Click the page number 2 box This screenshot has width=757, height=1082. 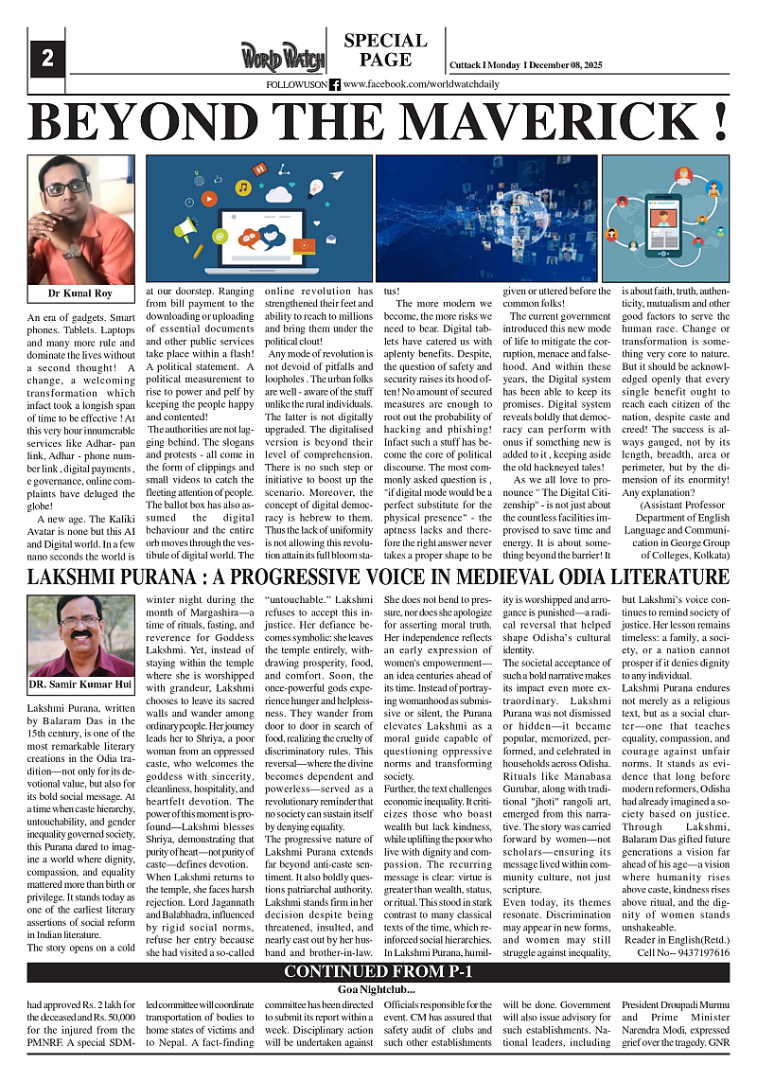coord(46,59)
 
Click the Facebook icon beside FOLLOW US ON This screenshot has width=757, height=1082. coord(335,84)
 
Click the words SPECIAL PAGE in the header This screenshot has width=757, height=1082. coord(385,50)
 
